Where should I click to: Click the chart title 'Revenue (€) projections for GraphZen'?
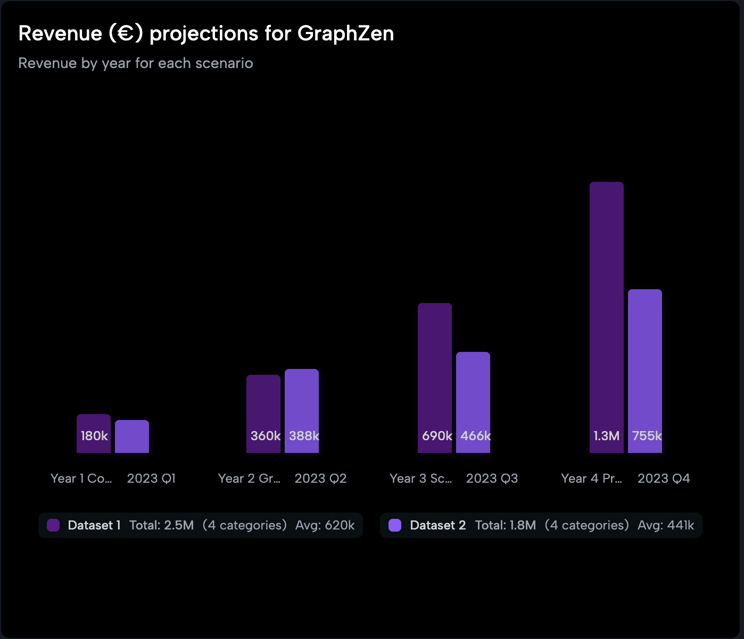[206, 33]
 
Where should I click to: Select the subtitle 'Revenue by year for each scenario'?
[136, 63]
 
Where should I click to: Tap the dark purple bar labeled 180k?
[94, 433]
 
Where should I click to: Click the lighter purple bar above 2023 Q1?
[132, 436]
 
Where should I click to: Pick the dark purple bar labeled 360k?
[263, 414]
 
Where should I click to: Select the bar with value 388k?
[302, 411]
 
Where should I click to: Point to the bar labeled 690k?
[435, 378]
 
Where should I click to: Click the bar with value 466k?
[473, 402]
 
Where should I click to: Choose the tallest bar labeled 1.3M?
[607, 317]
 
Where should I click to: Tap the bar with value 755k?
[645, 371]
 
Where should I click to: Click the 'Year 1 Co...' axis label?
[81, 478]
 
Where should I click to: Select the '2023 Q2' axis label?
[320, 478]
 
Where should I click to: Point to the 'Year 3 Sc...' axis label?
[420, 478]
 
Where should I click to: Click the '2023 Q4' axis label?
[664, 478]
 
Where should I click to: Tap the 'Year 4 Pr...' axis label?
[592, 478]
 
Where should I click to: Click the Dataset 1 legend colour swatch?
[53, 525]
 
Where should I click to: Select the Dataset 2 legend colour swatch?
[395, 525]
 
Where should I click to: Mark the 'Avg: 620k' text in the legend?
[325, 525]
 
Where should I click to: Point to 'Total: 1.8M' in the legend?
[505, 525]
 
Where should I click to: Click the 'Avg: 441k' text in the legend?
[666, 525]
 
